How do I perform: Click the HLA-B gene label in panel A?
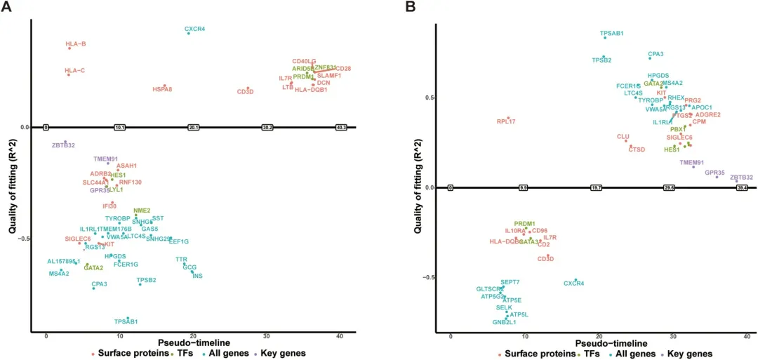tap(76, 44)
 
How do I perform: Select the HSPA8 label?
tap(162, 89)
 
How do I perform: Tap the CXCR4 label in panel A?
tap(195, 29)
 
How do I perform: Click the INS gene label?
tap(197, 276)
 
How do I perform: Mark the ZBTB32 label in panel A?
tap(63, 145)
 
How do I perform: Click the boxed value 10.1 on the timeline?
tap(119, 128)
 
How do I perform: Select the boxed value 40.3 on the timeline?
tap(342, 128)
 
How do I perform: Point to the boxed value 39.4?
tap(741, 188)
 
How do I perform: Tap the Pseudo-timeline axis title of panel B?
tap(611, 344)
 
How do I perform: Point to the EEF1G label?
tap(179, 241)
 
